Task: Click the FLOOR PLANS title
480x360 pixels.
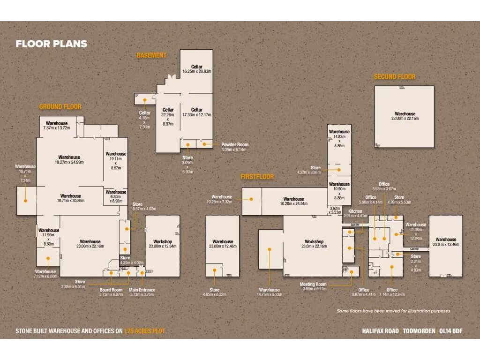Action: pyautogui.click(x=51, y=44)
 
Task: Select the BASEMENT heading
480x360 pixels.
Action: pyautogui.click(x=151, y=55)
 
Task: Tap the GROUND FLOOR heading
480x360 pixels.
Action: pyautogui.click(x=60, y=107)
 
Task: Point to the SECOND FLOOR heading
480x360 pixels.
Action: pyautogui.click(x=394, y=77)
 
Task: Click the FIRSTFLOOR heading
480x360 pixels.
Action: pyautogui.click(x=257, y=177)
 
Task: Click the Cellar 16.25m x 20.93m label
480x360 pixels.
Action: pyautogui.click(x=196, y=69)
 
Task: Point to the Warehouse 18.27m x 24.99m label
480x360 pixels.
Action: pyautogui.click(x=69, y=160)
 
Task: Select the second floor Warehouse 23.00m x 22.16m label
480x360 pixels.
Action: pyautogui.click(x=405, y=116)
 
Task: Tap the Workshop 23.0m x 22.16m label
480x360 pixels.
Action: pyautogui.click(x=313, y=244)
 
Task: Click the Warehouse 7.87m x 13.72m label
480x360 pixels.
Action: pyautogui.click(x=56, y=125)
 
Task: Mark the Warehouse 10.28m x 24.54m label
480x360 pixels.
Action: pyautogui.click(x=293, y=202)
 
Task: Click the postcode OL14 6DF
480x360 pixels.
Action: pyautogui.click(x=450, y=331)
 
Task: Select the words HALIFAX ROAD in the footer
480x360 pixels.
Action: pyautogui.click(x=380, y=331)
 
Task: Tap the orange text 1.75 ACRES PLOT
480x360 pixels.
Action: pyautogui.click(x=144, y=331)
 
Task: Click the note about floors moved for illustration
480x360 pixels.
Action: pyautogui.click(x=393, y=311)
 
